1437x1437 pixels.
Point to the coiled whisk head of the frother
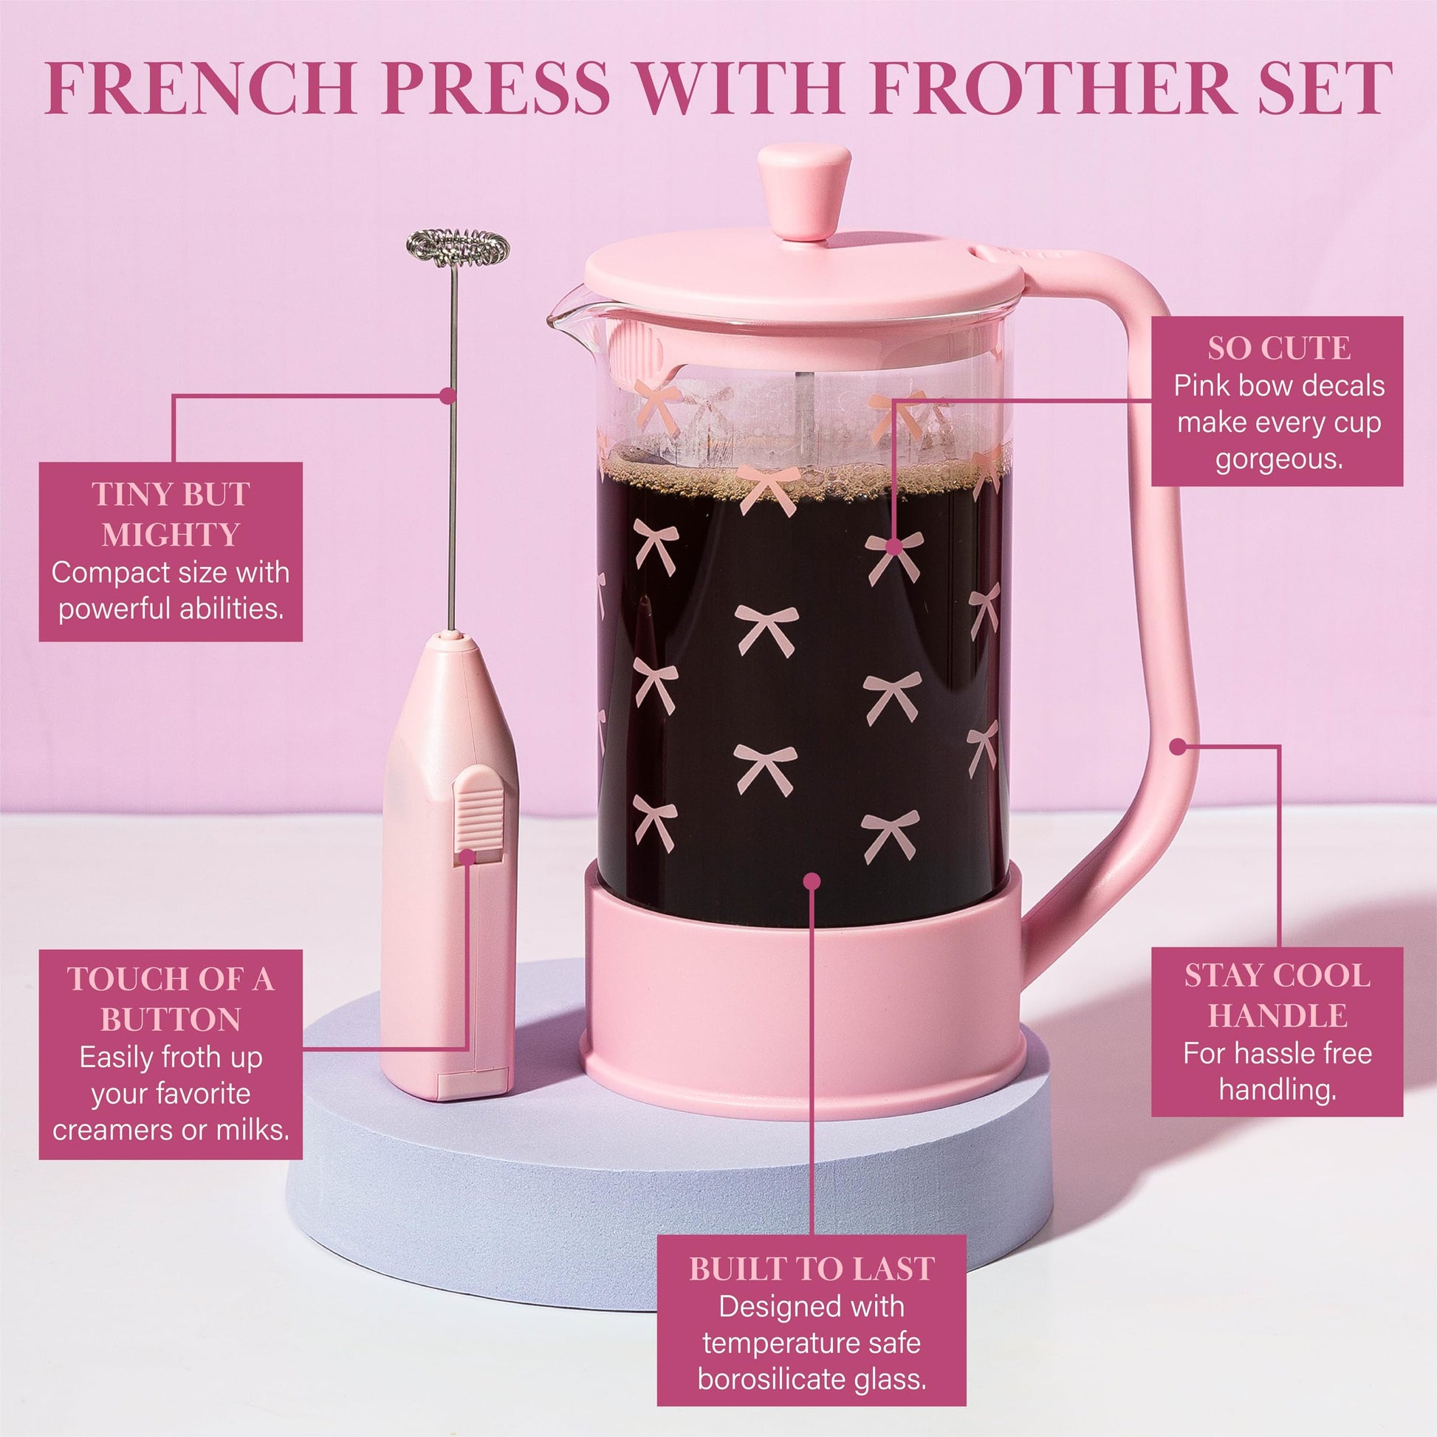pos(457,247)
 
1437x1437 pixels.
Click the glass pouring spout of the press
pos(569,320)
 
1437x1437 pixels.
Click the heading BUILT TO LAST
pos(812,1269)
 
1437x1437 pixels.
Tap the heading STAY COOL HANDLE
pos(1277,996)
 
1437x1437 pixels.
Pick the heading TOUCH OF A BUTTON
pos(171,999)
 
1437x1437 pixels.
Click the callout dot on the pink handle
pos(1177,746)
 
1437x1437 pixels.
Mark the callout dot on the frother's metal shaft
pos(447,396)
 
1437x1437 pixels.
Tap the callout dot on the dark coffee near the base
pos(812,882)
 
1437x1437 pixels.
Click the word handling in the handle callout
pos(1277,1090)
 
